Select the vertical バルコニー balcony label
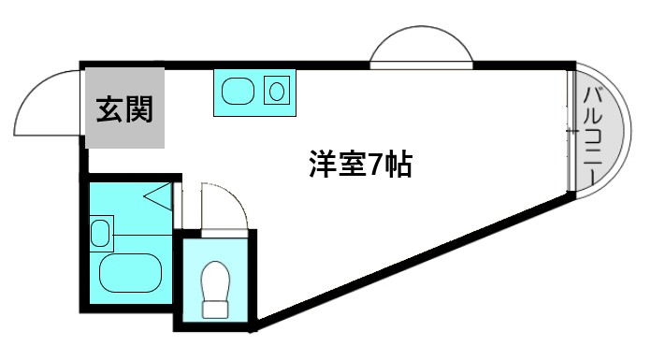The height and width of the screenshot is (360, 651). pyautogui.click(x=592, y=130)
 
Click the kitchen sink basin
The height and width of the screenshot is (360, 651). pyautogui.click(x=237, y=92)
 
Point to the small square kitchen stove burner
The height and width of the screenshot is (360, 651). pyautogui.click(x=276, y=92)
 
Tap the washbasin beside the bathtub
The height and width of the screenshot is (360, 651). pyautogui.click(x=100, y=231)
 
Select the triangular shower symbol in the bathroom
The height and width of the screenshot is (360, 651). pyautogui.click(x=157, y=196)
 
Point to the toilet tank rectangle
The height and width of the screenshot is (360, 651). pyautogui.click(x=216, y=308)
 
